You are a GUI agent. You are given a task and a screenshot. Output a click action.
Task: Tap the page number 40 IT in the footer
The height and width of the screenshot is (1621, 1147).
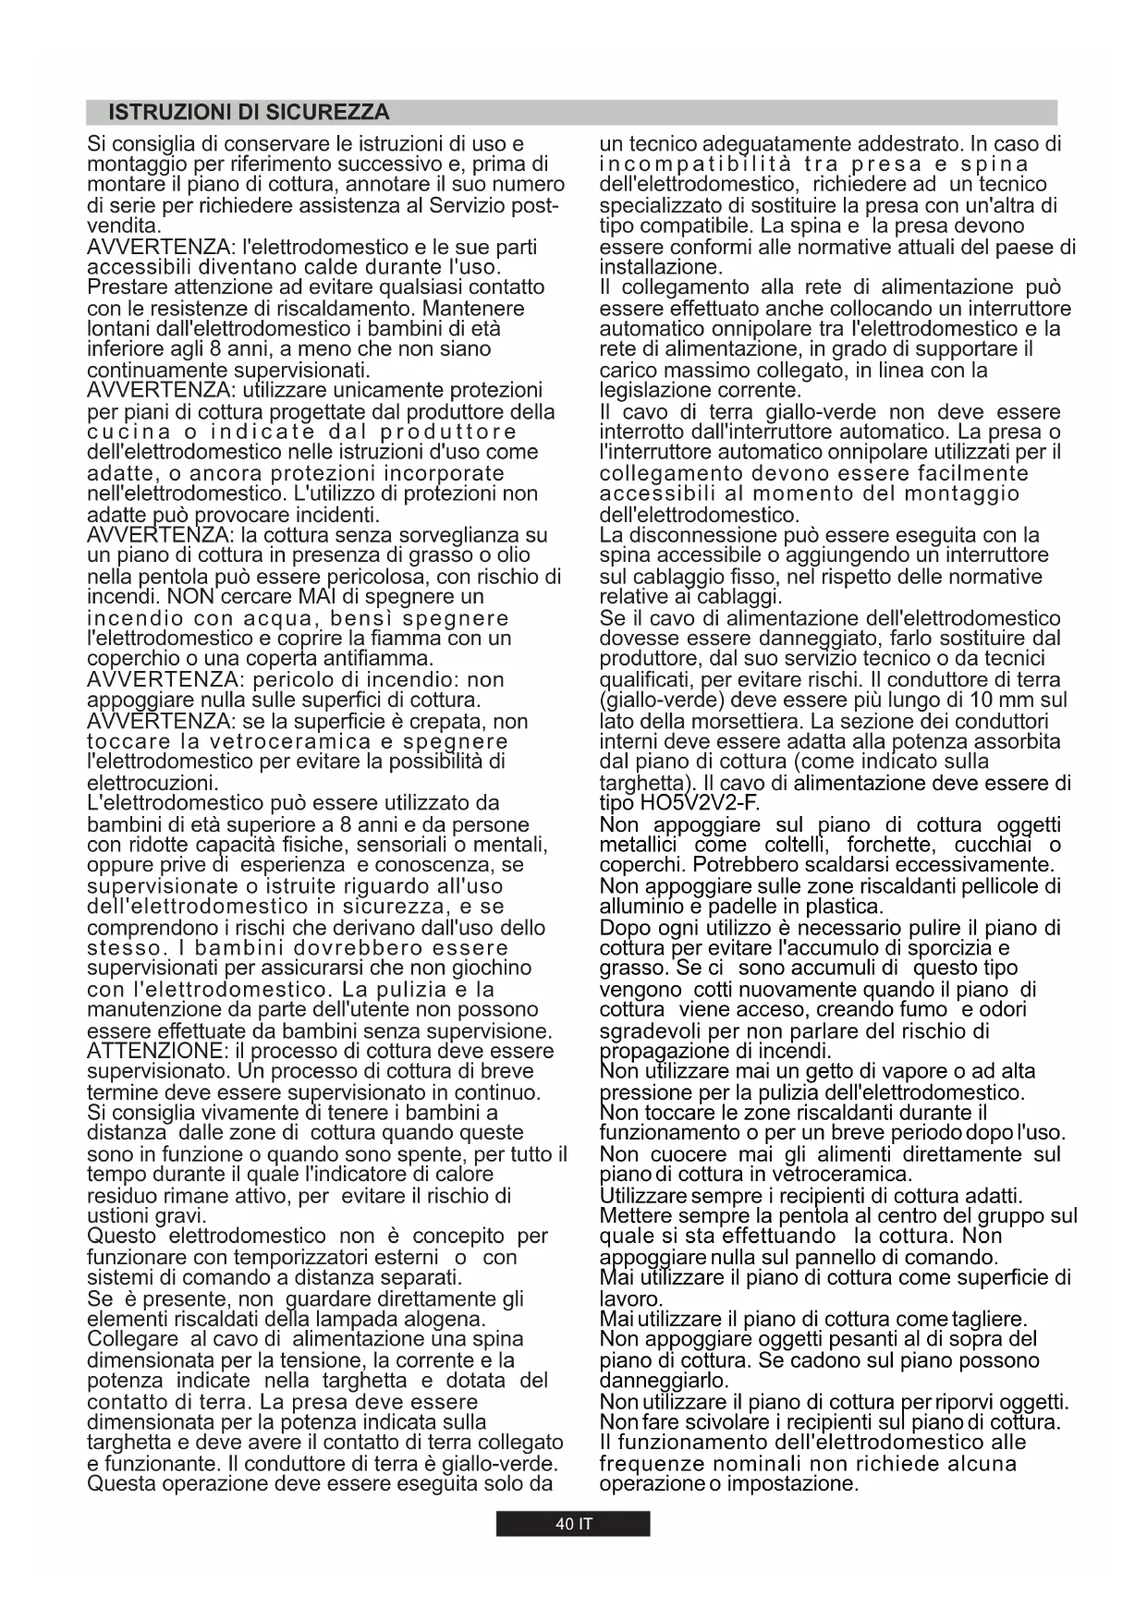[573, 1524]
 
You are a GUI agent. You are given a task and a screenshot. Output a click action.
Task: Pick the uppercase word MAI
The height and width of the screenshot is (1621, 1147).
[317, 596]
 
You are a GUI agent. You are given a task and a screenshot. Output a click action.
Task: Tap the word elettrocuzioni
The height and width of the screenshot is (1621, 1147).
[152, 783]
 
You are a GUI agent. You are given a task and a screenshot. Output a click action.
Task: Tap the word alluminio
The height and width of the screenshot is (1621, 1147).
[640, 907]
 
